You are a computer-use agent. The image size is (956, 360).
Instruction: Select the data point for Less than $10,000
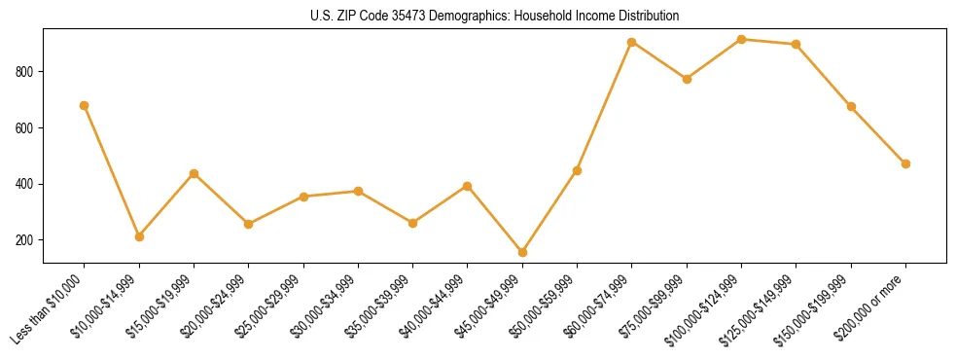pyautogui.click(x=85, y=105)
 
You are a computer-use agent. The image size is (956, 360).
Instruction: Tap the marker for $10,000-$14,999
pyautogui.click(x=139, y=236)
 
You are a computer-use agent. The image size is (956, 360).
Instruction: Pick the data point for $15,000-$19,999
pyautogui.click(x=195, y=173)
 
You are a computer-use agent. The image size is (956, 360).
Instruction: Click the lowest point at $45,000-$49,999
pyautogui.click(x=522, y=252)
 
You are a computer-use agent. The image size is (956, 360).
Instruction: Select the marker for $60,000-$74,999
pyautogui.click(x=632, y=42)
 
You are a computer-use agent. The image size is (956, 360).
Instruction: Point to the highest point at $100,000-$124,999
pyautogui.click(x=742, y=39)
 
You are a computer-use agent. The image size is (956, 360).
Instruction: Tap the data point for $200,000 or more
pyautogui.click(x=905, y=163)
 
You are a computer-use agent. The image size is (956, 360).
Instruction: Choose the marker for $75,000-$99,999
pyautogui.click(x=687, y=79)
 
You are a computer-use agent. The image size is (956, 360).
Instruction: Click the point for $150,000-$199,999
pyautogui.click(x=851, y=106)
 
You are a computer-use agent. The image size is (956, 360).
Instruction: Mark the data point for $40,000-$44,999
pyautogui.click(x=468, y=186)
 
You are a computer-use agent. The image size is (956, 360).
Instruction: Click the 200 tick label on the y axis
pyautogui.click(x=27, y=240)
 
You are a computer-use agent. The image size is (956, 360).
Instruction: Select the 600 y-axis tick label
pyautogui.click(x=27, y=128)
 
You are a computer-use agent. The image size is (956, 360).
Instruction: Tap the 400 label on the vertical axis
pyautogui.click(x=27, y=184)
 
